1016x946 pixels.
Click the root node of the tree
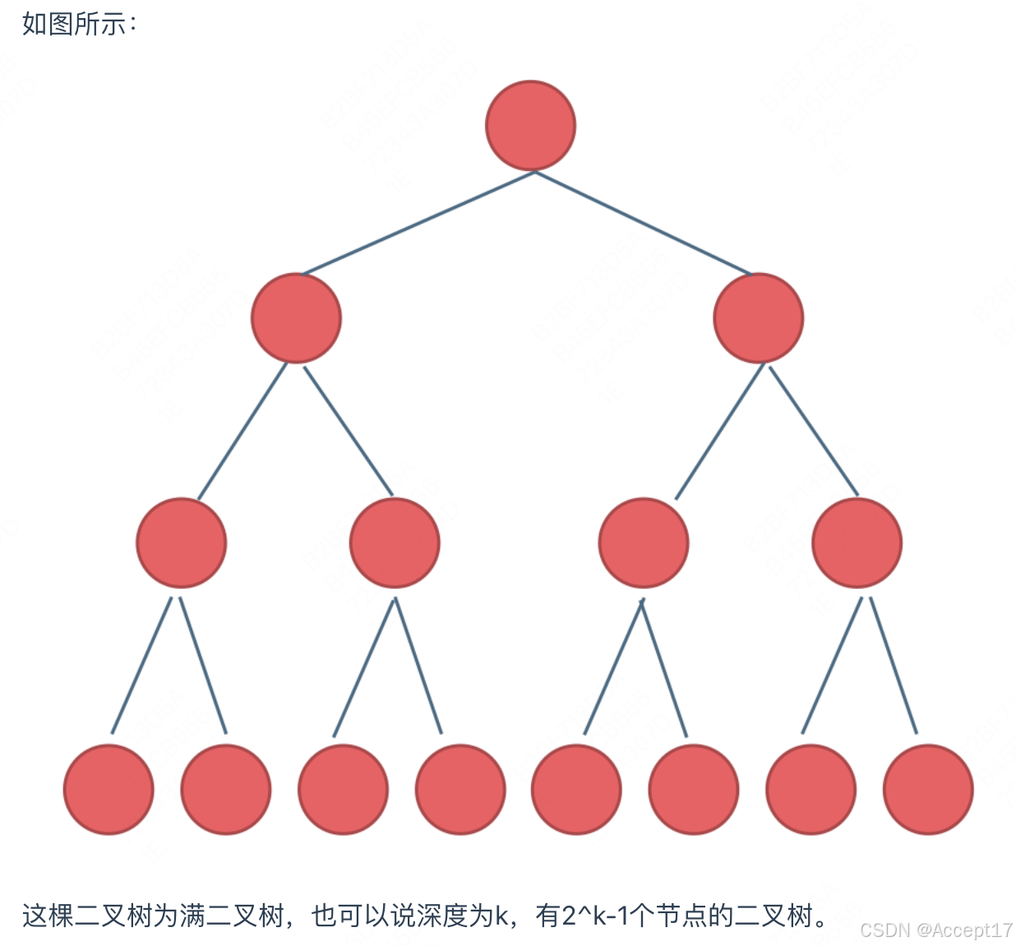(x=531, y=126)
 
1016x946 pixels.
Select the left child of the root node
(x=296, y=318)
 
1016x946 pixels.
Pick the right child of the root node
(x=759, y=318)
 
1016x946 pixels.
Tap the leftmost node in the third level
(x=181, y=543)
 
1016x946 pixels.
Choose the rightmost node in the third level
(x=857, y=543)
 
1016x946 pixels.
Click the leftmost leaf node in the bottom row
(x=109, y=790)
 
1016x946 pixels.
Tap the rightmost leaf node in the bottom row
(x=928, y=790)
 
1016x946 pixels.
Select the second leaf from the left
(x=225, y=790)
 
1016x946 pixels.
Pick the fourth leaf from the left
(x=460, y=790)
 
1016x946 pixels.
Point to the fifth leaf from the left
(x=576, y=790)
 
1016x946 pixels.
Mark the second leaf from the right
(x=811, y=790)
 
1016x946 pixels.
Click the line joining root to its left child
(x=418, y=223)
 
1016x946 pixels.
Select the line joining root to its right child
(x=643, y=223)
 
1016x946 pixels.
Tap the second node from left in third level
(x=395, y=543)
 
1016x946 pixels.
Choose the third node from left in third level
(x=644, y=543)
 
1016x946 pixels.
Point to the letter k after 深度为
(x=501, y=916)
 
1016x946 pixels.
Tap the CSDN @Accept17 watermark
(x=935, y=930)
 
